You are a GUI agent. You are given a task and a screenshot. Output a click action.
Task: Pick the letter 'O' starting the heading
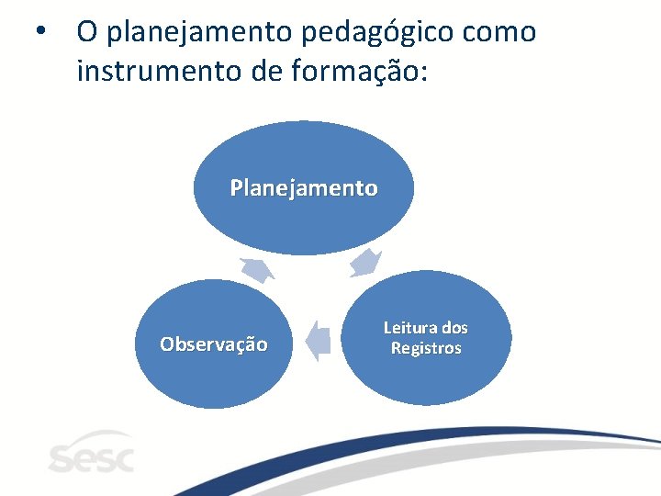(87, 32)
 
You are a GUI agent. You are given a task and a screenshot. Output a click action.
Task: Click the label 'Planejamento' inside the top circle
(303, 188)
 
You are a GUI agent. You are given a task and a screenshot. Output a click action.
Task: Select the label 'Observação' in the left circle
(214, 344)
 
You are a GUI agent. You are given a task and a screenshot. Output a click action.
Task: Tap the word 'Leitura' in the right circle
(409, 328)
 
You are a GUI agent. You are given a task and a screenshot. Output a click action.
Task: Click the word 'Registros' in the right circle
(426, 349)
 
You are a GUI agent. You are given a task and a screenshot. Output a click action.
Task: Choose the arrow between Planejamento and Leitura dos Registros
(366, 262)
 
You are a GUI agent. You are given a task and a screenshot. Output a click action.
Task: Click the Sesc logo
(90, 453)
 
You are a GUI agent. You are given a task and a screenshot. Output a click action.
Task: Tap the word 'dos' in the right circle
(454, 328)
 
